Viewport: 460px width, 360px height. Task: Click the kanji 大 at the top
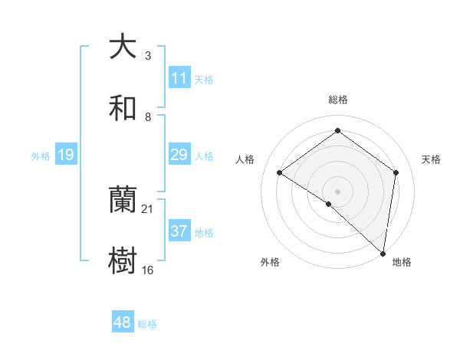coord(123,47)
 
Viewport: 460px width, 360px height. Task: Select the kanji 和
coord(123,108)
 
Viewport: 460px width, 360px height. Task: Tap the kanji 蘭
coord(123,200)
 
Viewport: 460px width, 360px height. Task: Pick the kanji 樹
coord(123,261)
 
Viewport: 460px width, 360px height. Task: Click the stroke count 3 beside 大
coord(147,56)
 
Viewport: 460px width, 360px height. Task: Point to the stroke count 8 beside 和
coord(147,117)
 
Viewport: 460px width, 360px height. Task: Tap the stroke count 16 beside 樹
coord(147,270)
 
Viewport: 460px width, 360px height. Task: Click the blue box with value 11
coord(179,78)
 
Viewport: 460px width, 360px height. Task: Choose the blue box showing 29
coord(179,155)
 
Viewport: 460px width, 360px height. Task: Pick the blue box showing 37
coord(179,231)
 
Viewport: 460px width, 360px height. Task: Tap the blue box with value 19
coord(65,155)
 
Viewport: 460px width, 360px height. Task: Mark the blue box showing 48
coord(123,322)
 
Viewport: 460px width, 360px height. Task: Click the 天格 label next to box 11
coord(204,80)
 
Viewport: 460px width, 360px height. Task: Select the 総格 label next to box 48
coord(147,324)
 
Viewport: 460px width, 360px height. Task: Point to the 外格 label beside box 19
coord(41,156)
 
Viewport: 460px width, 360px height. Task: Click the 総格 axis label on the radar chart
coord(337,100)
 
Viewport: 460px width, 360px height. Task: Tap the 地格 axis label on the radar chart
coord(402,263)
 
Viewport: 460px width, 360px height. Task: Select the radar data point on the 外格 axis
coord(329,204)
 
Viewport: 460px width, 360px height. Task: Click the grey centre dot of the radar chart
coord(337,190)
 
